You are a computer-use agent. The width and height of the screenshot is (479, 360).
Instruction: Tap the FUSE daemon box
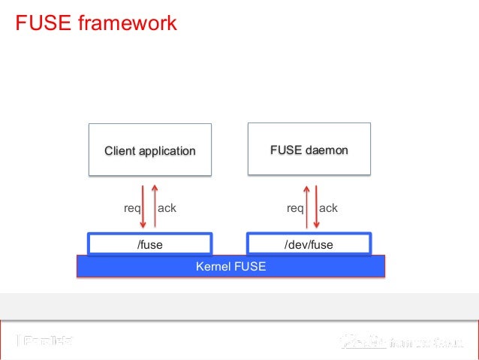coord(309,150)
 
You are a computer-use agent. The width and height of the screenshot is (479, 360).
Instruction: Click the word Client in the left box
coord(120,151)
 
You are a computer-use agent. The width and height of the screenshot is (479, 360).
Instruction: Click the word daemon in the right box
coord(327,150)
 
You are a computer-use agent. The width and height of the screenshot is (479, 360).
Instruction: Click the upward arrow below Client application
coord(155,205)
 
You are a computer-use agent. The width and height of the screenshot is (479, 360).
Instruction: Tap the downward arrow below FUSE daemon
coord(318,205)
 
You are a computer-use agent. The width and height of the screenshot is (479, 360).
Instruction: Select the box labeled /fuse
coord(149,244)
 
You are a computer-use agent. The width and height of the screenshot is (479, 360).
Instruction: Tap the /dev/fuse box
coord(309,244)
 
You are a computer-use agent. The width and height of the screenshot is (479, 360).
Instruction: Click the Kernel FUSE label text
coord(230,266)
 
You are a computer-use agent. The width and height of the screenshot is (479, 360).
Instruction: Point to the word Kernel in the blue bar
coord(212,266)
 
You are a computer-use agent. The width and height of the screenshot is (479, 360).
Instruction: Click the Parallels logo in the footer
coord(45,341)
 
